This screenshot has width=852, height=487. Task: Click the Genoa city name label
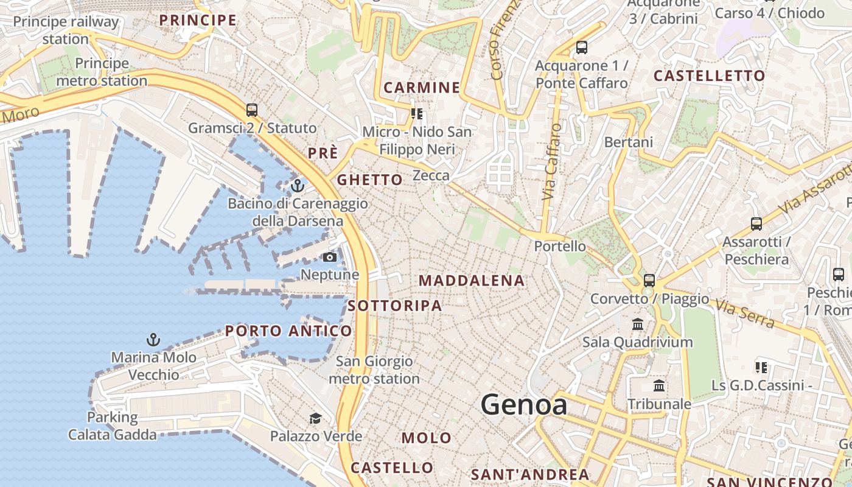coord(524,405)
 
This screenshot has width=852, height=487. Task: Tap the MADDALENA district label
coord(472,281)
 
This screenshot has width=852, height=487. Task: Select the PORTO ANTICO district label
coord(288,331)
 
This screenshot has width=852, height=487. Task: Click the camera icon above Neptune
coord(330,258)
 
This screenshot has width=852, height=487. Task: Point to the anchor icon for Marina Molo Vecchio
coord(153,340)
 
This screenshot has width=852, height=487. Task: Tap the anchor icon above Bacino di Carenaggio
coord(298,186)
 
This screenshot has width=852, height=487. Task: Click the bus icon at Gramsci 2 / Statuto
coord(252,110)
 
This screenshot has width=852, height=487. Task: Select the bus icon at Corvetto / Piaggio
coord(649,281)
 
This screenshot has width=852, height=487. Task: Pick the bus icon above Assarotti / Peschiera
coord(756,224)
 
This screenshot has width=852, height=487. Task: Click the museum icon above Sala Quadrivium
coord(638,324)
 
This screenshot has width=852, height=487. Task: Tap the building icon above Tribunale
coord(659,386)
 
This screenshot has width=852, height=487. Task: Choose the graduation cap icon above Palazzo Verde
coord(315,418)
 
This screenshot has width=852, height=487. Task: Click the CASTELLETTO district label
coord(709,76)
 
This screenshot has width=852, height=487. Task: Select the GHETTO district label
coord(369,180)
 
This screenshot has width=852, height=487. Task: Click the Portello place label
coord(560,247)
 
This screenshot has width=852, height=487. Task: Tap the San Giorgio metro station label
coord(374,370)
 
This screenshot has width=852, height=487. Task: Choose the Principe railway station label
coord(66,30)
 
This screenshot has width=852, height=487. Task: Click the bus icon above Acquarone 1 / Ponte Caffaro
coord(582,47)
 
